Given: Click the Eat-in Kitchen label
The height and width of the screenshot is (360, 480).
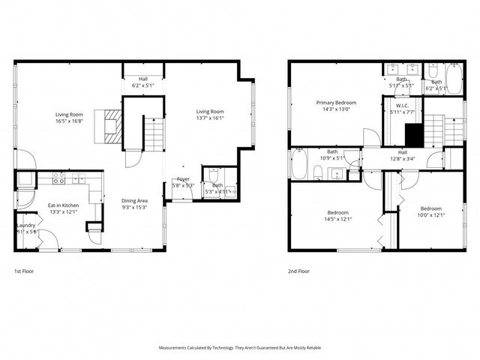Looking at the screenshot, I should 64,205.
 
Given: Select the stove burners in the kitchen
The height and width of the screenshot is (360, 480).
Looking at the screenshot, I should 57,180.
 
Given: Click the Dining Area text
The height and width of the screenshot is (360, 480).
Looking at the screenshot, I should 135,200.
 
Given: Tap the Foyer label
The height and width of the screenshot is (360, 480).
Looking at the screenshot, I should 183,179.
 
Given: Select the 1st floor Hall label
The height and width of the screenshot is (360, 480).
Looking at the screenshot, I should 142,78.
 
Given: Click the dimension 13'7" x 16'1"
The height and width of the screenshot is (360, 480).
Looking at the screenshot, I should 210,117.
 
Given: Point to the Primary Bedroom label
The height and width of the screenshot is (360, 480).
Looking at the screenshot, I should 336,102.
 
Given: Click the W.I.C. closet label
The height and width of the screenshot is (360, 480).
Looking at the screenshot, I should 402,106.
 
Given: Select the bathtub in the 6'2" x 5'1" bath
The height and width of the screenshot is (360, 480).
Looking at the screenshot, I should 453,78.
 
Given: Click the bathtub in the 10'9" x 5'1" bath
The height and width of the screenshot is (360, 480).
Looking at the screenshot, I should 299,163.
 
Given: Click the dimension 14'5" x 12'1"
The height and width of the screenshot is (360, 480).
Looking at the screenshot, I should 337,220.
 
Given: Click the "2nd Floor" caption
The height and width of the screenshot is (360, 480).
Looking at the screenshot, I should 298,271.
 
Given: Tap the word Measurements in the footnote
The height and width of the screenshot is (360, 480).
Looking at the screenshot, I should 177,348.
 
